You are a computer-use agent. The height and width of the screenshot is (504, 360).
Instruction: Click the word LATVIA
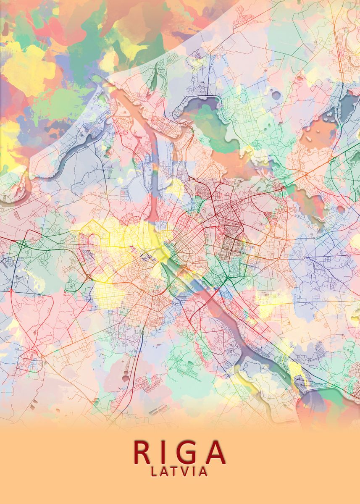(179, 472)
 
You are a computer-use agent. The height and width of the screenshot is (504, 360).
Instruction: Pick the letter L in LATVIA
(154, 472)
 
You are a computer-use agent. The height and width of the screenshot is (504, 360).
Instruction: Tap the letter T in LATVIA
(175, 472)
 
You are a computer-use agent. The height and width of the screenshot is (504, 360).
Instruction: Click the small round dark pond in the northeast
(276, 95)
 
